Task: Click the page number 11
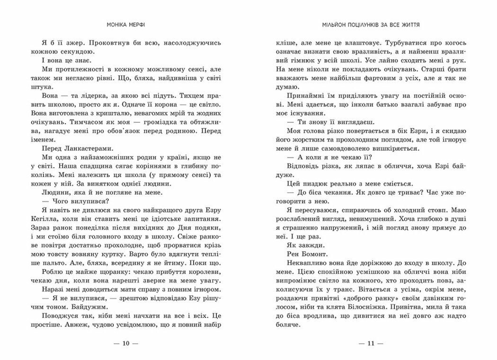click(x=371, y=343)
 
